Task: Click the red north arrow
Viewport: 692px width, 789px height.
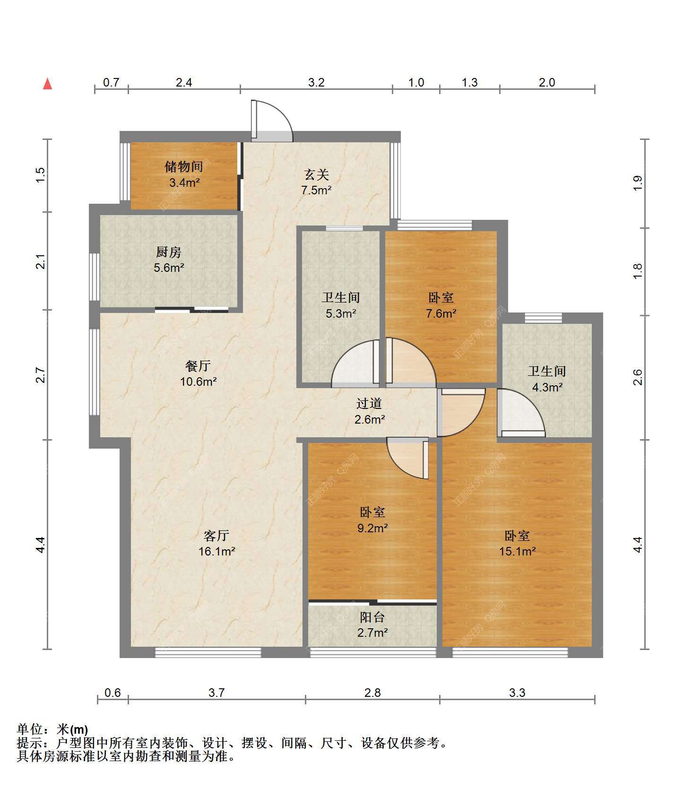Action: pos(47,84)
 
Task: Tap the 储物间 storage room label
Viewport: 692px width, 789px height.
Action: pos(184,166)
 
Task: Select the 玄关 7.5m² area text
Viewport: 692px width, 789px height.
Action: pos(316,191)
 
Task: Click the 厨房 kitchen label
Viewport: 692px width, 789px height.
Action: pos(169,252)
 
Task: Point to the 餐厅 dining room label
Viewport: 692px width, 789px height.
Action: pos(198,365)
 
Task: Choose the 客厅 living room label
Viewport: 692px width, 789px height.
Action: pos(216,535)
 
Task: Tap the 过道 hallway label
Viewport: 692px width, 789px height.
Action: pos(369,403)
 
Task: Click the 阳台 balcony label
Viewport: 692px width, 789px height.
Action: pos(372,617)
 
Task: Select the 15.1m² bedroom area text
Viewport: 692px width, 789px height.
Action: pos(517,551)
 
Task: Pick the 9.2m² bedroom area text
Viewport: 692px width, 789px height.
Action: pos(372,528)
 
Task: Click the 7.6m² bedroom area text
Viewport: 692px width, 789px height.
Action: pos(441,313)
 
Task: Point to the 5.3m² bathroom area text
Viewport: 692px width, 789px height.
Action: pos(341,313)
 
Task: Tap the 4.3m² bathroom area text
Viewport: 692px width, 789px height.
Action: pos(547,387)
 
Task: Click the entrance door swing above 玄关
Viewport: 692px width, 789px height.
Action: pos(272,121)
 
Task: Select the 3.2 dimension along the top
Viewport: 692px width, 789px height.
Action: pos(316,82)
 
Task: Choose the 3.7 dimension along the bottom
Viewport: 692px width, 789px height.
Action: pos(216,693)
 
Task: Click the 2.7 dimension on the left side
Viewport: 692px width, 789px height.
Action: pos(41,375)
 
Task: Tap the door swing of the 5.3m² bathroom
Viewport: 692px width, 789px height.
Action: pos(356,363)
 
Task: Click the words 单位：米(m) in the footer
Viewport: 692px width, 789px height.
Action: pos(52,729)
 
